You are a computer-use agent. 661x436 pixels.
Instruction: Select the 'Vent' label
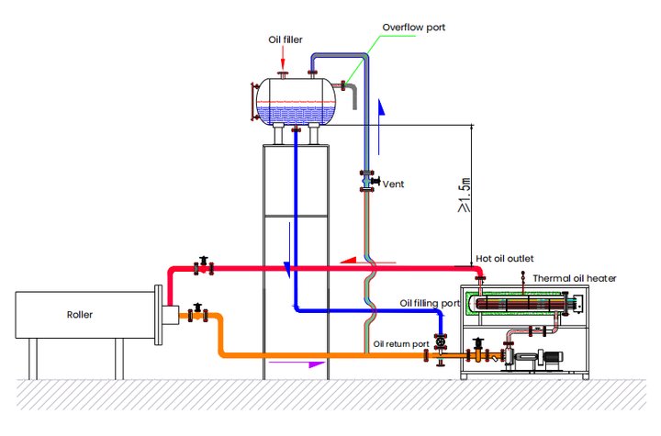click(x=393, y=184)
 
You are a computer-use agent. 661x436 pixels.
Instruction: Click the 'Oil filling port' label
click(x=430, y=303)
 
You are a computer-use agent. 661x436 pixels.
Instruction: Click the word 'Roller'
click(x=81, y=314)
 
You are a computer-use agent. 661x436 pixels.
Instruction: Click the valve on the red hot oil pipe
click(x=202, y=266)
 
